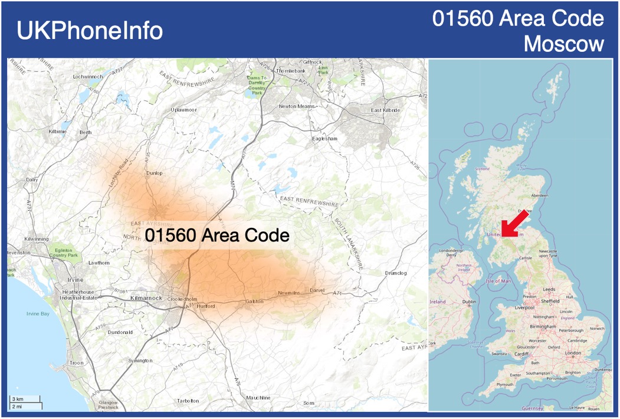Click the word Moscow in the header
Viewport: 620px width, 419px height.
[x=564, y=44]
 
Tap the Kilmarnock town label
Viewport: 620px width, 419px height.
[x=146, y=298]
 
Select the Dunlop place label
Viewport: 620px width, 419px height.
[x=154, y=173]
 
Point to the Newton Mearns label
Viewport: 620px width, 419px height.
[x=297, y=106]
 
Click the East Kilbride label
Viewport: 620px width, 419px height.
[x=385, y=110]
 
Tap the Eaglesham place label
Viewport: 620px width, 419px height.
[x=324, y=139]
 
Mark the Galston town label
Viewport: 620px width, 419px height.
[x=254, y=302]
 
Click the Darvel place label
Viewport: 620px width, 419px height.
[x=317, y=290]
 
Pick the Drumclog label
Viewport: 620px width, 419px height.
[x=396, y=273]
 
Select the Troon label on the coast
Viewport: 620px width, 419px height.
[x=76, y=363]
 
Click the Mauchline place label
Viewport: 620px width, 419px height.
[x=258, y=397]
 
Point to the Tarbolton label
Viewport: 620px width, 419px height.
[x=188, y=401]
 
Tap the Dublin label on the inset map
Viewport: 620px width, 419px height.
[x=469, y=302]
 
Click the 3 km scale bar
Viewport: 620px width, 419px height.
[x=25, y=400]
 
